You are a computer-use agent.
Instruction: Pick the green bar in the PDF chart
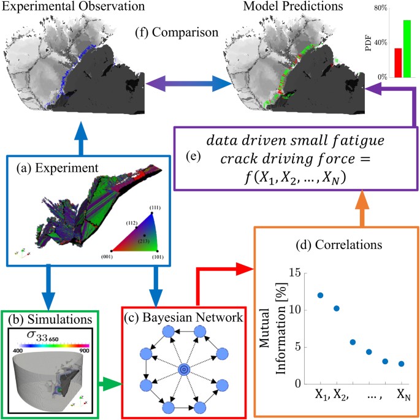407,48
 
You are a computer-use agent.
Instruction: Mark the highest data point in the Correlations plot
320,295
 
